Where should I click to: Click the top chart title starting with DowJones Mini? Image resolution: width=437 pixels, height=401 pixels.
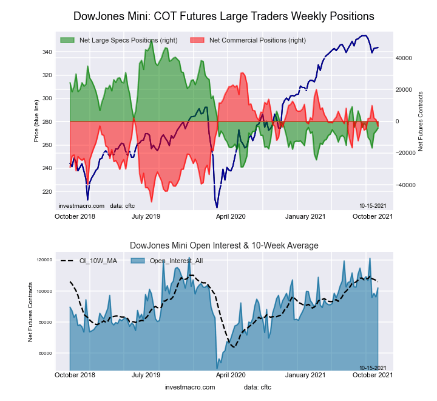[x=223, y=16]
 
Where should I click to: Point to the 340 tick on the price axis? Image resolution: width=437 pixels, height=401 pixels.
[x=46, y=52]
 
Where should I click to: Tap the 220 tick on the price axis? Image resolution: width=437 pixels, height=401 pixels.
[x=46, y=191]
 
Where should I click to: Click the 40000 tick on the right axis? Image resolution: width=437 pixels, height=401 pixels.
[x=405, y=58]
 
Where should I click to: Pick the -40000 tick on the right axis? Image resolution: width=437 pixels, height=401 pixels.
[x=404, y=185]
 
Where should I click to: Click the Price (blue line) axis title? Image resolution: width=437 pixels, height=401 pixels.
[x=37, y=122]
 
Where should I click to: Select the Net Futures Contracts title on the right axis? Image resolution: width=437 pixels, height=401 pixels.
[x=421, y=122]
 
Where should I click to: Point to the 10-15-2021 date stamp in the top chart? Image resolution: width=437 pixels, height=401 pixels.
[x=373, y=206]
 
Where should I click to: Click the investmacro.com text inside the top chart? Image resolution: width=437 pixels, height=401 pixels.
[x=81, y=206]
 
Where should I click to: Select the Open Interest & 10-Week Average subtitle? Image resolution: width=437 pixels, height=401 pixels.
[x=224, y=245]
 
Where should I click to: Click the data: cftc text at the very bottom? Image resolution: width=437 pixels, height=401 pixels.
[x=257, y=387]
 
